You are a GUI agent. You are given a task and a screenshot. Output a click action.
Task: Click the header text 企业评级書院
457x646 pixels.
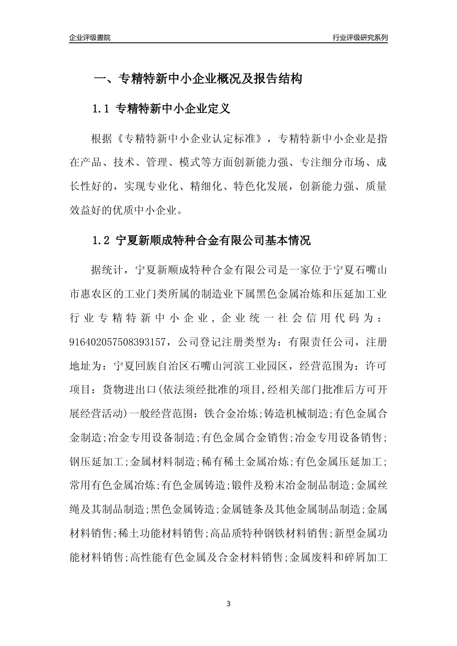[x=90, y=37]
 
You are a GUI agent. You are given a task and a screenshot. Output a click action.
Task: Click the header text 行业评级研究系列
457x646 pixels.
[x=360, y=37]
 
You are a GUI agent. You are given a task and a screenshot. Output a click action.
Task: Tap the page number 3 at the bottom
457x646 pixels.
[x=228, y=603]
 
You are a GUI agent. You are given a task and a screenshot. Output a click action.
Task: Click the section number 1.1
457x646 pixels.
[x=102, y=109]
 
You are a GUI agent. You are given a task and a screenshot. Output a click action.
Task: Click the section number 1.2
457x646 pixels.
[x=102, y=240]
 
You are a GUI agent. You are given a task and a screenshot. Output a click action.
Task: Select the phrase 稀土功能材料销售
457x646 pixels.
[x=162, y=533]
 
